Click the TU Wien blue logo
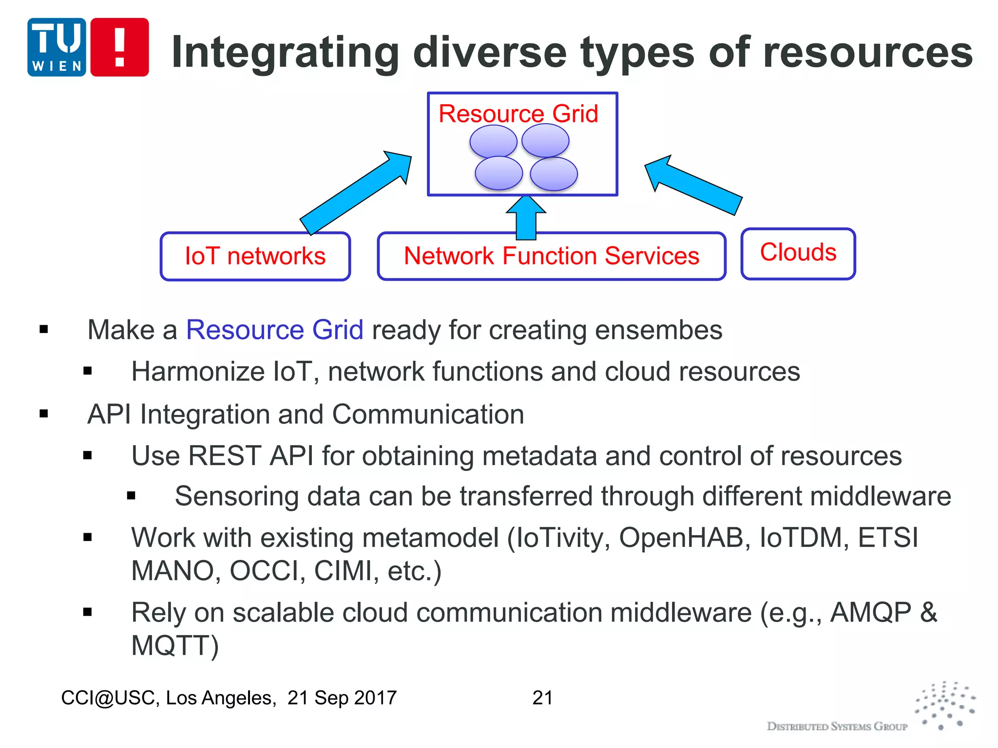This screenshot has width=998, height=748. pos(57,47)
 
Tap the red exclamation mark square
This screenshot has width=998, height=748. pos(119,47)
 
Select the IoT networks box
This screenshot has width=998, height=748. pos(255,256)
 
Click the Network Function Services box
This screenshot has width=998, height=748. pos(551,256)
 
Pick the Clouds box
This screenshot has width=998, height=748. pos(798,253)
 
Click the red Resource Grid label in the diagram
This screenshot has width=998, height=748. pos(518,114)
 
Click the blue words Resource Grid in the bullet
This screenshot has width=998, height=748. pos(274,330)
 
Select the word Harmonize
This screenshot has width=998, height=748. pos(198,372)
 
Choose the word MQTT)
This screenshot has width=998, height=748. pos(175,646)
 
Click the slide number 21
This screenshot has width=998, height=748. pos(542,698)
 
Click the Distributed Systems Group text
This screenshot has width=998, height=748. pos(837,727)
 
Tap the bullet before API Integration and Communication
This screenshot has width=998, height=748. pos(44,414)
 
